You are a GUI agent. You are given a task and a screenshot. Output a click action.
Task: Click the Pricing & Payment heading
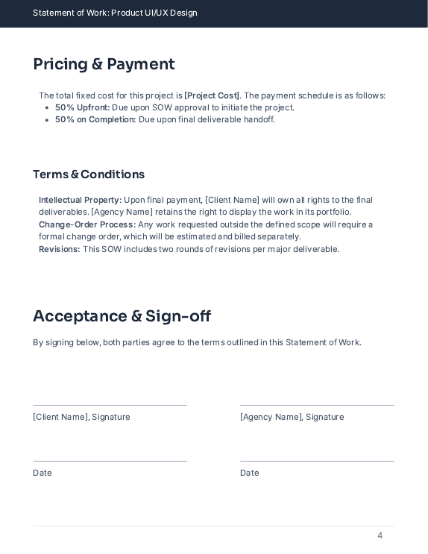tap(104, 65)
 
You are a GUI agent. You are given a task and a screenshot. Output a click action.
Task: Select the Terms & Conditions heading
tap(89, 174)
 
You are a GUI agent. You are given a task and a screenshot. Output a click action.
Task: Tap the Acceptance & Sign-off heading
tap(122, 316)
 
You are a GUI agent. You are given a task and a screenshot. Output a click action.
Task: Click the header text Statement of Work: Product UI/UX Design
tap(115, 13)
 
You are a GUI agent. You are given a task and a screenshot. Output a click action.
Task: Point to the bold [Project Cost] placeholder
tap(213, 95)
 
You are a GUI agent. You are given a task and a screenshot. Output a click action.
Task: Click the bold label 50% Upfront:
tap(82, 107)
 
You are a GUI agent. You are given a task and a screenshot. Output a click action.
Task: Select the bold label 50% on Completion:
tap(95, 119)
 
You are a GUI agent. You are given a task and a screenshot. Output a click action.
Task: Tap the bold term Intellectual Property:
tap(80, 200)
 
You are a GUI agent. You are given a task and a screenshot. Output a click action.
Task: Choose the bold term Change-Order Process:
tap(87, 224)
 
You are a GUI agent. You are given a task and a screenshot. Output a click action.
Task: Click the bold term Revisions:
tap(60, 249)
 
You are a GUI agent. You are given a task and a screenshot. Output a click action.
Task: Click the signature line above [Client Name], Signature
tap(110, 405)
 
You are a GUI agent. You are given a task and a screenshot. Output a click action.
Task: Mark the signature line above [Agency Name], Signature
tap(317, 405)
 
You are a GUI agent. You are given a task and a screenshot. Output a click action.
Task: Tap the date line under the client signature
tap(110, 461)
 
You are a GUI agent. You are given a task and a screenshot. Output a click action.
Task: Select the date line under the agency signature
tap(317, 461)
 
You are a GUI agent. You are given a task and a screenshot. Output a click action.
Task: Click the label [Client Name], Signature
tap(81, 417)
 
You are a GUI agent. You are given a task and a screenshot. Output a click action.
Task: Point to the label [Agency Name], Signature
tap(292, 417)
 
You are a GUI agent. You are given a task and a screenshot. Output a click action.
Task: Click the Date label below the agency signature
tap(249, 473)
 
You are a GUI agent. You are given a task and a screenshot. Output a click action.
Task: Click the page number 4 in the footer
tap(380, 535)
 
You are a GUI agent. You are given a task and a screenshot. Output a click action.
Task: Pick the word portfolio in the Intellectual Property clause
tap(331, 212)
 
